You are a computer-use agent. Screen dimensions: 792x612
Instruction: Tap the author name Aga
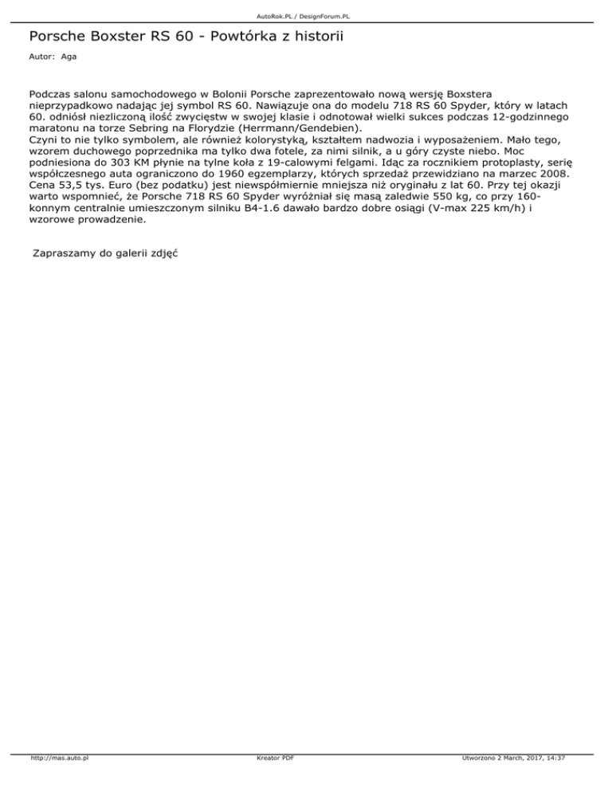pos(69,57)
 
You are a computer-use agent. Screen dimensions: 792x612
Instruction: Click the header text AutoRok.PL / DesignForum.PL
pos(305,16)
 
